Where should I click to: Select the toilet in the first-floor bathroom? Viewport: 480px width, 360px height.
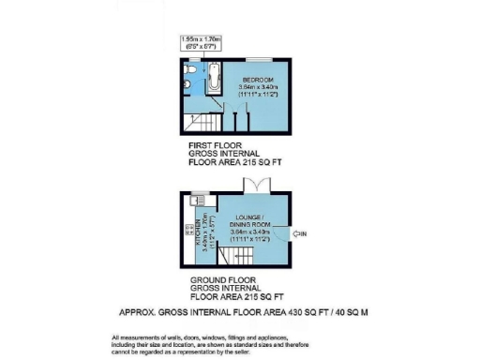click(x=188, y=71)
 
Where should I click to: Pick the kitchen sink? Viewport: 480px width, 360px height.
click(x=196, y=199)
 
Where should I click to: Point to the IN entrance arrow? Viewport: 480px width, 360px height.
click(x=299, y=233)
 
